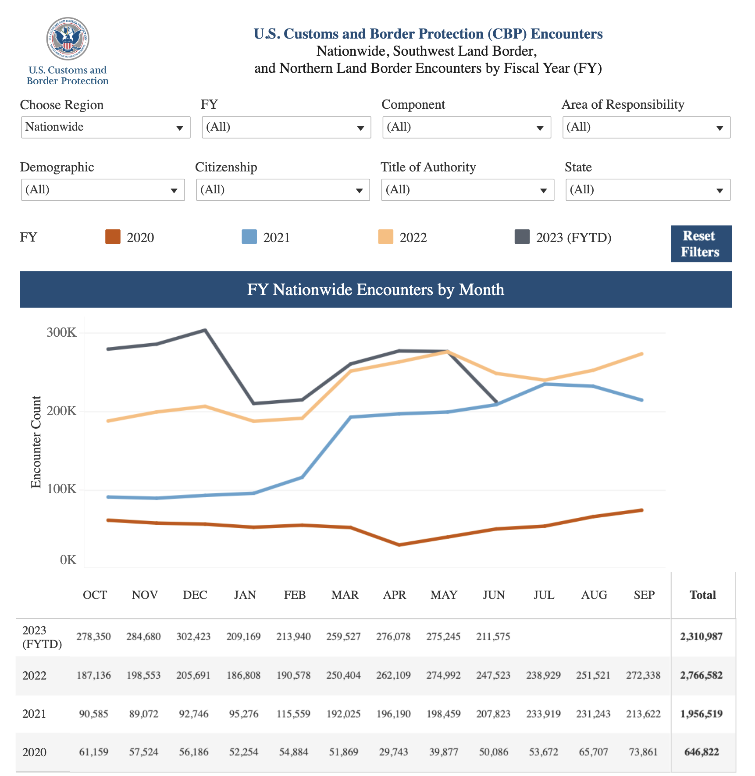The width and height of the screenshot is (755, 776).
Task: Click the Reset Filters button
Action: [x=701, y=244]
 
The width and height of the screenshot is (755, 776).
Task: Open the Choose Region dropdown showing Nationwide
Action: [x=106, y=127]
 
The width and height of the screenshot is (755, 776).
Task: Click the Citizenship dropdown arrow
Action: [x=359, y=190]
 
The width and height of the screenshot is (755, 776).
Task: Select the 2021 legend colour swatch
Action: [x=249, y=237]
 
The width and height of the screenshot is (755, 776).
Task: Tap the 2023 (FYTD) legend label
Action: [x=573, y=238]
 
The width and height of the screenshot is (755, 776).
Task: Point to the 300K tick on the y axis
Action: [x=61, y=332]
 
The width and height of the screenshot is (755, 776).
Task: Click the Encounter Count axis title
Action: [x=36, y=441]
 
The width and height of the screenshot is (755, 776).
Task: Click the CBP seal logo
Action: [x=68, y=39]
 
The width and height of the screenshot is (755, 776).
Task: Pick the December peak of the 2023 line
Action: [x=205, y=330]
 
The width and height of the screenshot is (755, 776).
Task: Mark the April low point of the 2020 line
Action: [x=399, y=545]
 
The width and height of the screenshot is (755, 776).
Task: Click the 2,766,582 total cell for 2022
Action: [x=701, y=675]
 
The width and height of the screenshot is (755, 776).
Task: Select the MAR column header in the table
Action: [x=345, y=595]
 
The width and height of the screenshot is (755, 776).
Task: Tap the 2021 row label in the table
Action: [x=34, y=714]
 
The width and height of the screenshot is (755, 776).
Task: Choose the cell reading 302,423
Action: [x=193, y=637]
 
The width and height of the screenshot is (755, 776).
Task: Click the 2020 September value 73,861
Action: [x=643, y=752]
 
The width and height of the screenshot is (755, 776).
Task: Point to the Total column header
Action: [x=702, y=595]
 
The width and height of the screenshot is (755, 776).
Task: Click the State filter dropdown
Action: [x=648, y=190]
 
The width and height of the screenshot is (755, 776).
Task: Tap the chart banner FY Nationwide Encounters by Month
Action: [x=376, y=289]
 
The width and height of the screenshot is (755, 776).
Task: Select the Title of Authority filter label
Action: [x=428, y=167]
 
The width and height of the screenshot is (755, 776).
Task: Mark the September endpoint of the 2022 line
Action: [x=642, y=354]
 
